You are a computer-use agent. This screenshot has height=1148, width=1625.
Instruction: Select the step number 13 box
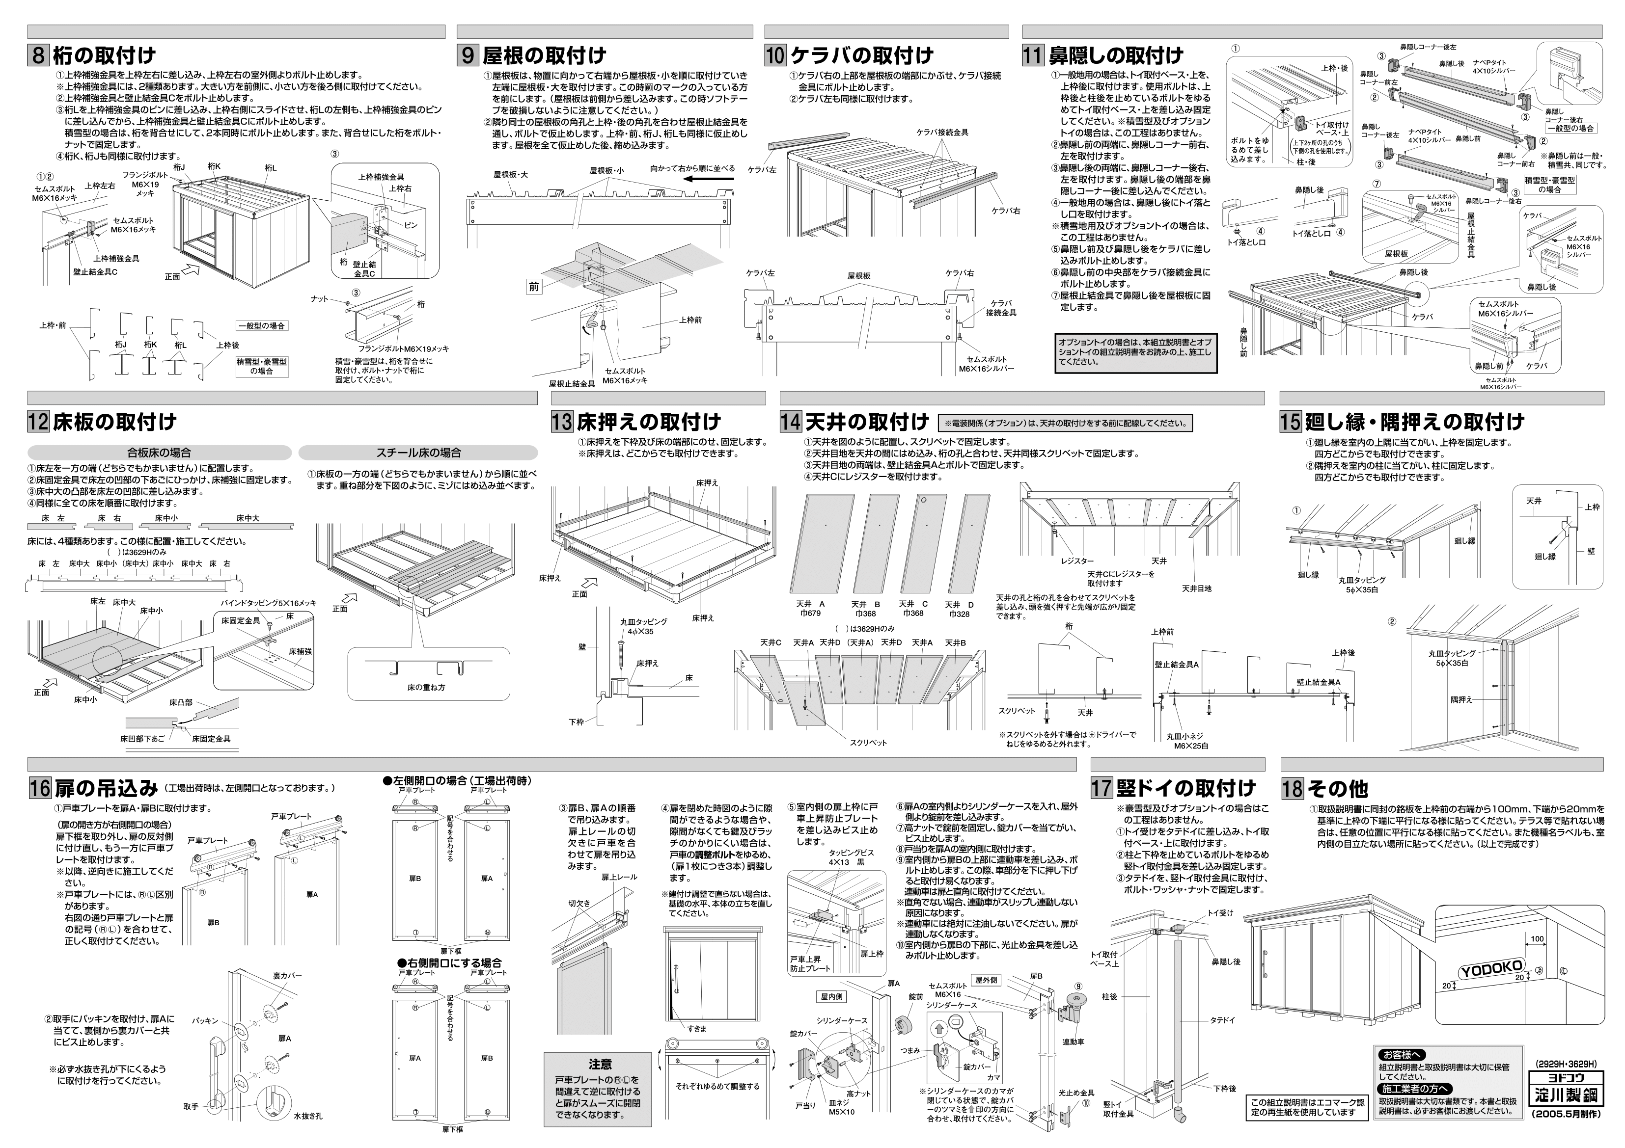click(x=562, y=422)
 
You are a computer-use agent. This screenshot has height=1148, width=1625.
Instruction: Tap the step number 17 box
click(x=1102, y=788)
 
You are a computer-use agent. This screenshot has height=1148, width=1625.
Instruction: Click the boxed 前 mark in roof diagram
click(x=534, y=287)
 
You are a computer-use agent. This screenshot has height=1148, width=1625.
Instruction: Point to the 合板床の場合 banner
click(x=159, y=453)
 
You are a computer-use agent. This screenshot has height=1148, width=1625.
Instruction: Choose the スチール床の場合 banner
click(x=418, y=453)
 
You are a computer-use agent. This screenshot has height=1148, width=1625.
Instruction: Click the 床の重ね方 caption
click(x=426, y=687)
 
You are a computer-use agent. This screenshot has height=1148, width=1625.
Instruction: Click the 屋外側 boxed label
click(x=986, y=980)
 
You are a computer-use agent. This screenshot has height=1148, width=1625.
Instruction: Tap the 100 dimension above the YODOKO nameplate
click(x=1537, y=939)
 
